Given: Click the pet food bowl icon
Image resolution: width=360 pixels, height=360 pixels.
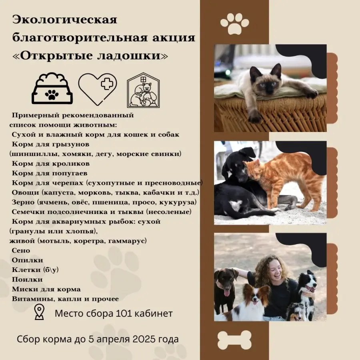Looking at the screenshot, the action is coord(52,89).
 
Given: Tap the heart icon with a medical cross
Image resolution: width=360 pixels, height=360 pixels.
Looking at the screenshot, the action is coord(98,89).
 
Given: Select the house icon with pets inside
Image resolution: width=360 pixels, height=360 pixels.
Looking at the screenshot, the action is coord(143,90).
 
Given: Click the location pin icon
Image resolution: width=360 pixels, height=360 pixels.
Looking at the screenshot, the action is coord(39,312).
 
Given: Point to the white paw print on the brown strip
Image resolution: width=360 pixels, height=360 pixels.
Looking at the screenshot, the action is coord(234,24).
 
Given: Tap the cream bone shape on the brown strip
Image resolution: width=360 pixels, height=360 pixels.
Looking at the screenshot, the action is coord(234,340).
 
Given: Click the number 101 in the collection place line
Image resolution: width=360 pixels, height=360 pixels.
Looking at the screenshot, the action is coord(124,313).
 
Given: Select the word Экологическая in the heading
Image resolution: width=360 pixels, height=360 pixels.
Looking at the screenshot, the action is coord(65,20).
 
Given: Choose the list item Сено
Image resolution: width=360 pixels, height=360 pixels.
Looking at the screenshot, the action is coord(21,250).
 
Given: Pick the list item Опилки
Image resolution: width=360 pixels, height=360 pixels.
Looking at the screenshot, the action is coord(27,260).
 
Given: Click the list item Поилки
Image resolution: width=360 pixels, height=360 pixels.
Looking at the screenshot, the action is coord(27,280).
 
